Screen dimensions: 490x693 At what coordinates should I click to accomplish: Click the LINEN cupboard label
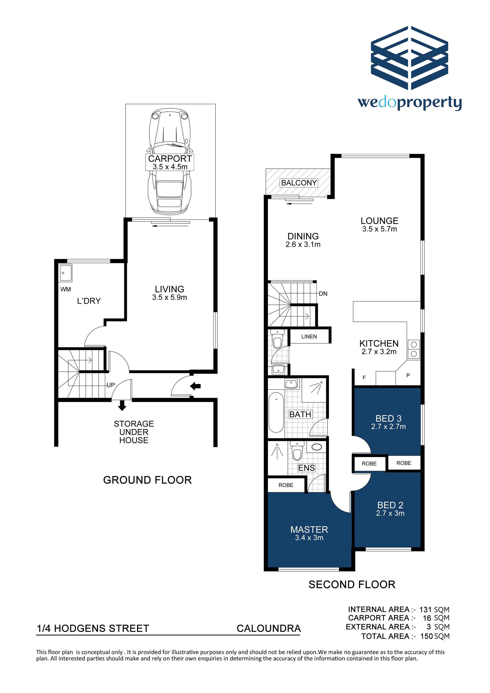309,337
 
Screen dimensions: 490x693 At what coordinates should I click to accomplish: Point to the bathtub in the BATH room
276,412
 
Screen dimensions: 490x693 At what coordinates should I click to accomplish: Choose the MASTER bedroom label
309,529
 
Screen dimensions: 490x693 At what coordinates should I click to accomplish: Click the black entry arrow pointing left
195,386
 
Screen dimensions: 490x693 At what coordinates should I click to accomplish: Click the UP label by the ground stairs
111,385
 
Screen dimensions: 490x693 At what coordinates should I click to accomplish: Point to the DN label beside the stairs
323,294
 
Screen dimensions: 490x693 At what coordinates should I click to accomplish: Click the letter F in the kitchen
364,378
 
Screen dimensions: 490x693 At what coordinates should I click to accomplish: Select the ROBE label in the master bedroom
286,485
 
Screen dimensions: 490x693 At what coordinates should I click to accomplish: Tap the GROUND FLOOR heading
147,480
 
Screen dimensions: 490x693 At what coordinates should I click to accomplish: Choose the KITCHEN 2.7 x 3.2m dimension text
379,352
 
